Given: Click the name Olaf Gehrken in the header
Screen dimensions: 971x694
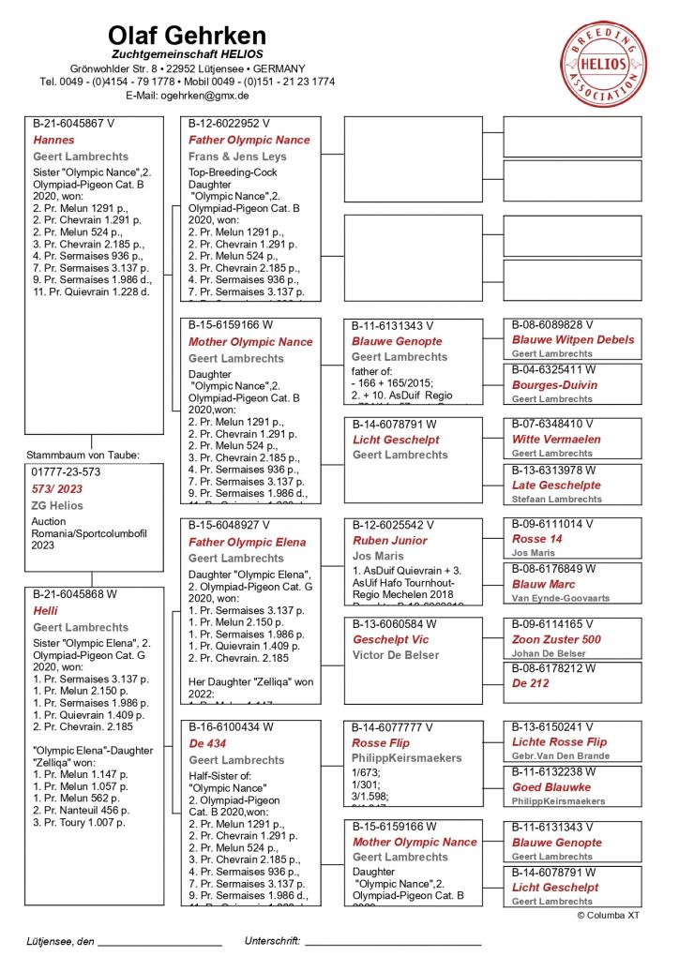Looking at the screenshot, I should pyautogui.click(x=187, y=36).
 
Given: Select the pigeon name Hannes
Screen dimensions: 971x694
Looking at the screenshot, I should pyautogui.click(x=53, y=140).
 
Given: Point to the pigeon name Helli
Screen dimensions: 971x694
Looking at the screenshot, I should pyautogui.click(x=46, y=610).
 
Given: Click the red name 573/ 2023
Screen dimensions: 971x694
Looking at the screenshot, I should pyautogui.click(x=57, y=488).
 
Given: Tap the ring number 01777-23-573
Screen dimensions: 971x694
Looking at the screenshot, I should pyautogui.click(x=66, y=471).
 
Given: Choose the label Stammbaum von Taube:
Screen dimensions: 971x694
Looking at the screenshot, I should pyautogui.click(x=83, y=455).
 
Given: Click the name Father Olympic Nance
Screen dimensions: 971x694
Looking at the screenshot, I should pyautogui.click(x=249, y=140).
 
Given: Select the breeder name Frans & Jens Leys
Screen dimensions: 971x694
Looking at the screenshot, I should pyautogui.click(x=237, y=157).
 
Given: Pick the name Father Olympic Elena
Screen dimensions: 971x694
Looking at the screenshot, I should pyautogui.click(x=247, y=542).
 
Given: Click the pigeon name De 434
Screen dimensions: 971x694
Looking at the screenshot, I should pyautogui.click(x=207, y=743).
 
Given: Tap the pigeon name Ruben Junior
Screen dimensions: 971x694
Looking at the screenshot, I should pyautogui.click(x=389, y=541).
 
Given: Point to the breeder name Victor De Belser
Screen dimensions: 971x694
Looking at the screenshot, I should pyautogui.click(x=396, y=655).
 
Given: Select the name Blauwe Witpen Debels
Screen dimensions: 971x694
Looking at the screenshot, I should pyautogui.click(x=572, y=339).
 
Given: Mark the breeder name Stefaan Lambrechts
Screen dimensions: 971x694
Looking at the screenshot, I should pyautogui.click(x=557, y=500).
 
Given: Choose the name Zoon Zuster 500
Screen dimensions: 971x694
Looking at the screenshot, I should pyautogui.click(x=556, y=639).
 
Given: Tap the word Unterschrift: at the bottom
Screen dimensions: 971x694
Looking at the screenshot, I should pyautogui.click(x=272, y=940).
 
